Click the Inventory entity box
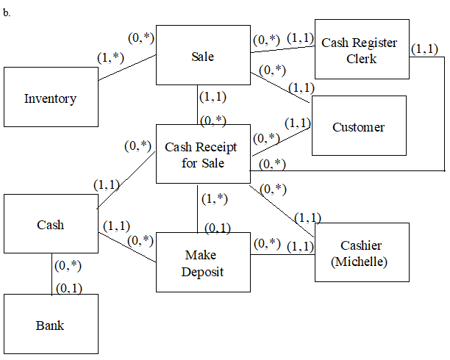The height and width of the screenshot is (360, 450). (51, 98)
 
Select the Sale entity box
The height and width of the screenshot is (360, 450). (202, 56)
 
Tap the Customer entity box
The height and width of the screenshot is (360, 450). (358, 126)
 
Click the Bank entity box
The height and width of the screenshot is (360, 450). (51, 325)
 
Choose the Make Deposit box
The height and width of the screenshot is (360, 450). (202, 262)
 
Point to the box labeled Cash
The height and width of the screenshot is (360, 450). (50, 224)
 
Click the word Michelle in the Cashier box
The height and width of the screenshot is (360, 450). (361, 261)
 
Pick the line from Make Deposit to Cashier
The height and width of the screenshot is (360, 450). (282, 255)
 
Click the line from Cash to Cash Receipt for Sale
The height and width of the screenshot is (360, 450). (126, 177)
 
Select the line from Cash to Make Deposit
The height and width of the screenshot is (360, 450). (126, 248)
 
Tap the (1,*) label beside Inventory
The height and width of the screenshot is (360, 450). (110, 56)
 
